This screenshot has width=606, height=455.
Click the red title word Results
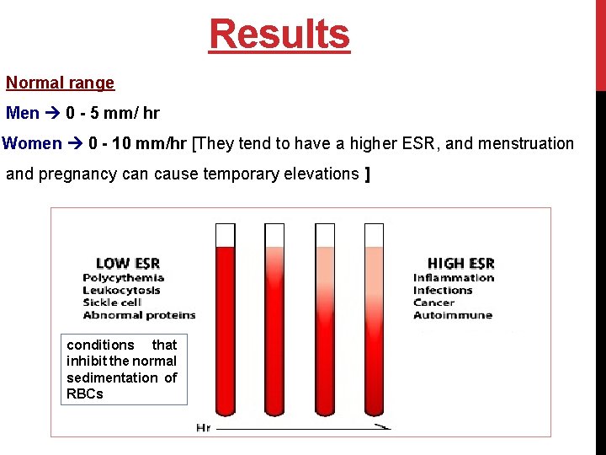[279, 35]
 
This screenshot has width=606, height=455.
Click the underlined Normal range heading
[60, 83]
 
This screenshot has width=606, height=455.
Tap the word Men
[22, 113]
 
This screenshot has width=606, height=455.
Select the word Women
[32, 143]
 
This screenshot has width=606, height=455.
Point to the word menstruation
[526, 143]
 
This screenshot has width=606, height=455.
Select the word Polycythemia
[124, 277]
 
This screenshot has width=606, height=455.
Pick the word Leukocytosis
[122, 290]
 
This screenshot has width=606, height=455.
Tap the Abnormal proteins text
[140, 315]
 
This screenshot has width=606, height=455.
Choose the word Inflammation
[454, 277]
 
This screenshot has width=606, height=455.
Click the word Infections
[443, 290]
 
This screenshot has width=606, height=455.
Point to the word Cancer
[433, 302]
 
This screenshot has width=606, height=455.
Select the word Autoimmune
[453, 315]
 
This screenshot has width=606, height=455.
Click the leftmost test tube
[226, 320]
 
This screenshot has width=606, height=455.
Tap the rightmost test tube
[374, 320]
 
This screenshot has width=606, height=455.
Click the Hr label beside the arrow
[203, 428]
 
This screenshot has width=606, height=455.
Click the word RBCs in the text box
[84, 393]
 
